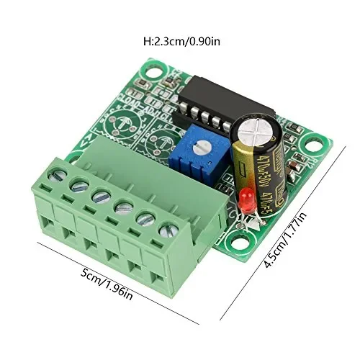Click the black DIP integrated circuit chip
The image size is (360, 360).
click(209, 105)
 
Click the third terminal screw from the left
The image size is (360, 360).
click(101, 197)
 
